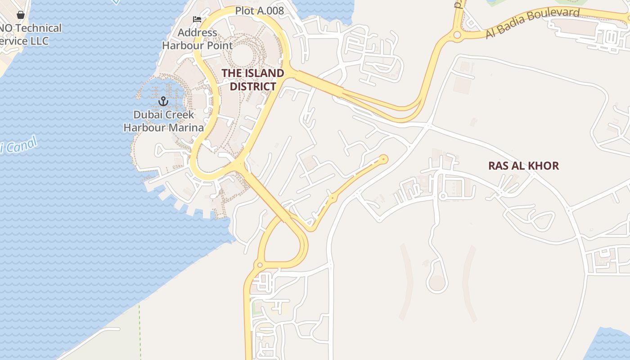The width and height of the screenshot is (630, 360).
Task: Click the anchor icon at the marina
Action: tap(163, 101)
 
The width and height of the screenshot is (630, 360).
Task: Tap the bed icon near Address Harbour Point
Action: tap(197, 19)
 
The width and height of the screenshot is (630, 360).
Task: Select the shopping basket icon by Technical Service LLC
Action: tap(20, 15)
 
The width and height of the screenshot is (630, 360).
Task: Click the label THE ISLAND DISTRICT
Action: tap(252, 80)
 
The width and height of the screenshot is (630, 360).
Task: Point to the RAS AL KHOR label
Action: tap(523, 166)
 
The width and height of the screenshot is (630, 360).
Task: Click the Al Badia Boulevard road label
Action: tap(533, 22)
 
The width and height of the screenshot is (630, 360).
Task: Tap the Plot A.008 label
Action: tap(260, 11)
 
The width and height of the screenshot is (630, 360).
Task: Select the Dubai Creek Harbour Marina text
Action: tap(164, 121)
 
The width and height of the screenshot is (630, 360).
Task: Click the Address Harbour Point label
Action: tap(198, 39)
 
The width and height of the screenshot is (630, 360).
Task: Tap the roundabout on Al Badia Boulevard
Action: tap(457, 35)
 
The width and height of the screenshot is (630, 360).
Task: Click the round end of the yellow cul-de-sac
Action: tap(383, 159)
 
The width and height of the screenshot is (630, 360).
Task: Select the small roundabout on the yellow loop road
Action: tap(259, 265)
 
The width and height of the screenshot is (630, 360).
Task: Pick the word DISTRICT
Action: tap(252, 86)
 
